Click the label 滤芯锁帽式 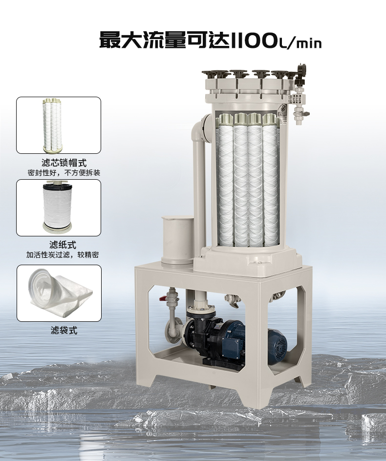pos(64,163)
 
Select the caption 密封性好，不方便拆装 pos(64,172)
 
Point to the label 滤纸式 pos(63,245)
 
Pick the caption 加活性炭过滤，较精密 pos(63,254)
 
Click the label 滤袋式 pos(64,331)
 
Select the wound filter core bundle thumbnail pos(52,125)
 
